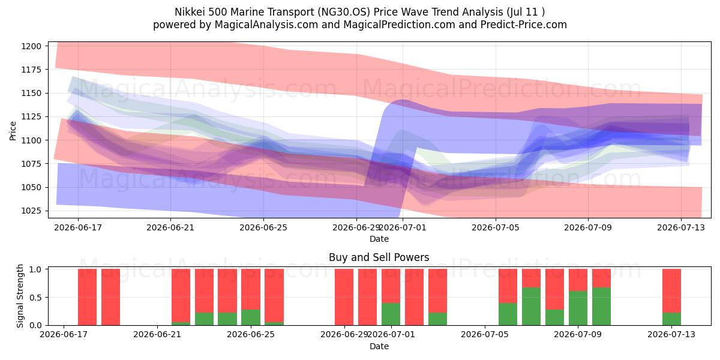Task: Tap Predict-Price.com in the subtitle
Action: click(524, 25)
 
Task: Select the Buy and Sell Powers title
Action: click(379, 257)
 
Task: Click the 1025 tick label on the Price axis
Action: click(31, 211)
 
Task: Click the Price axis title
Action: click(13, 131)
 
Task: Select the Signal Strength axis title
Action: click(20, 296)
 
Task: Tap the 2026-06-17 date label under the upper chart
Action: click(78, 227)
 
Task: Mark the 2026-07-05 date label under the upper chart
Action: click(496, 227)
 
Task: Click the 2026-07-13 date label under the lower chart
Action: click(671, 335)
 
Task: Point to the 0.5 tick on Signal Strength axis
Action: click(35, 298)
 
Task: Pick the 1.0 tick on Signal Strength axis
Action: click(35, 269)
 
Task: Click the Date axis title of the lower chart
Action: click(379, 346)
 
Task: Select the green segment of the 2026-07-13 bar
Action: click(671, 319)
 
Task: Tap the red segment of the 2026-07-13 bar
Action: click(671, 290)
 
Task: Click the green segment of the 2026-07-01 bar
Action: click(391, 314)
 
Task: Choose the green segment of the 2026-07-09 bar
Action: click(578, 308)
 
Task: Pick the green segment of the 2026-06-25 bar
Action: click(251, 317)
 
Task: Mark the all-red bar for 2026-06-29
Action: click(344, 297)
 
